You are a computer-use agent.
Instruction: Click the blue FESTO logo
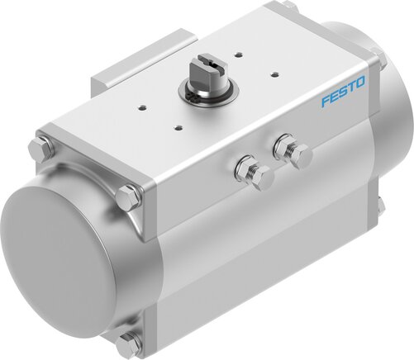pos(342,100)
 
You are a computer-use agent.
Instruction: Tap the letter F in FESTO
pos(325,104)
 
